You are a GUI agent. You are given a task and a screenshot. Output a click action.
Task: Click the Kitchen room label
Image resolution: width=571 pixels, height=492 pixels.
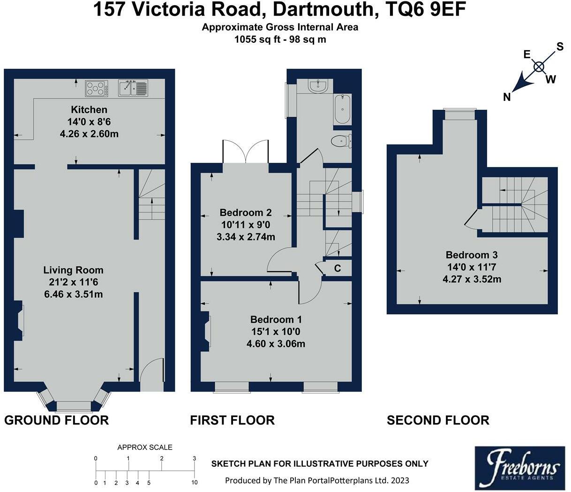click(89, 110)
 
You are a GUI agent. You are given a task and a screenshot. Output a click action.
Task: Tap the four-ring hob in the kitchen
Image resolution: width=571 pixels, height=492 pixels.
click(96, 88)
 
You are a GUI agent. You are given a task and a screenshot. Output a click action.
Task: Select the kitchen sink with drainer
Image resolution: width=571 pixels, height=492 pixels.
click(133, 88)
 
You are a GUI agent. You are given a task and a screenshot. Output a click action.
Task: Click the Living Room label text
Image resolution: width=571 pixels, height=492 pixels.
click(73, 270)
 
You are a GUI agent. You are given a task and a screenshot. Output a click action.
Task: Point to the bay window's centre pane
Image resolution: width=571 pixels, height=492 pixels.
click(74, 406)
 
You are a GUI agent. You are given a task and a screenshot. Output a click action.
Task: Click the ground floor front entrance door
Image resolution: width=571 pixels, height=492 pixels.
click(152, 375)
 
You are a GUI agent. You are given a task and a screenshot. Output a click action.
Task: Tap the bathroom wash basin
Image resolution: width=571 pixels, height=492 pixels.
click(318, 86)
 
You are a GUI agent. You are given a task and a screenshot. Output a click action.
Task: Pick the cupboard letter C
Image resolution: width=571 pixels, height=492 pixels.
click(337, 269)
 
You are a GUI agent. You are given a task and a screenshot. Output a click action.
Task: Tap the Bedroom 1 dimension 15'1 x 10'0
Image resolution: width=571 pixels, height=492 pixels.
click(276, 332)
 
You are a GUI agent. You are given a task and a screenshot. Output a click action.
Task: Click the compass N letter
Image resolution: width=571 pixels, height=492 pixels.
click(507, 97)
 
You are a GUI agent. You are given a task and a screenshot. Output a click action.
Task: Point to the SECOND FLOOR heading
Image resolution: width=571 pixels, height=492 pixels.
click(438, 420)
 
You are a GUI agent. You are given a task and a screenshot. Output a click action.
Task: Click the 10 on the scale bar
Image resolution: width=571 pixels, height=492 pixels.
click(194, 482)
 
